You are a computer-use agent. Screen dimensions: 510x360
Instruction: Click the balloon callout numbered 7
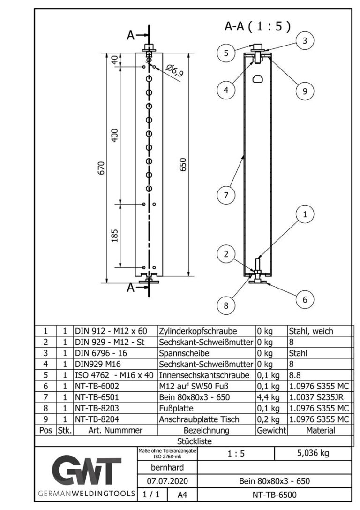(226, 195)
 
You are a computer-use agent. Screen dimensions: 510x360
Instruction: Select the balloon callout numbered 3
(305, 41)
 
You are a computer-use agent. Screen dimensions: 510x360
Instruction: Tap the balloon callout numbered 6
(305, 300)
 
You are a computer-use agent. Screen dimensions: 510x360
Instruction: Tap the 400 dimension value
(115, 135)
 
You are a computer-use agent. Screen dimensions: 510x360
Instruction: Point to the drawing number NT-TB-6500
(275, 495)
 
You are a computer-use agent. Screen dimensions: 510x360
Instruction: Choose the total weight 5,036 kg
(313, 454)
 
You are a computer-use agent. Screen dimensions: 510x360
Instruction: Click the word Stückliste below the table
(194, 441)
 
